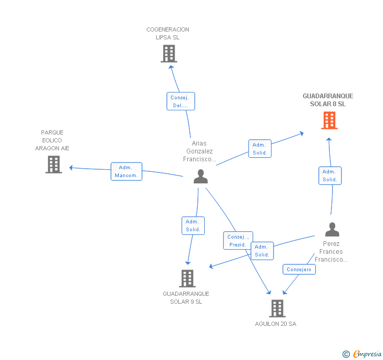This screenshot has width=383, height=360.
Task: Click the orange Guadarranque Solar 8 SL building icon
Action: coord(329,120)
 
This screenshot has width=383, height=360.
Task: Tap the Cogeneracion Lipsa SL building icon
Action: coord(168,54)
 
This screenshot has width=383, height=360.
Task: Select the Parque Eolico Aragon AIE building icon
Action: coord(54,164)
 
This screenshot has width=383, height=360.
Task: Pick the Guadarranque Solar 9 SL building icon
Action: coord(187,278)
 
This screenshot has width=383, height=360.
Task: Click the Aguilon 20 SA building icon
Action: coord(277,308)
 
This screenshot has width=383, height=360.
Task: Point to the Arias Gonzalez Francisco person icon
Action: coord(200,177)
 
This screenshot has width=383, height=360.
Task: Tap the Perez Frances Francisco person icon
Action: coord(332,230)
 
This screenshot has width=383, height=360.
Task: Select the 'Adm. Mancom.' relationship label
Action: coord(126,171)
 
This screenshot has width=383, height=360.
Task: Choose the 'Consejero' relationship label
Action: coord(299,270)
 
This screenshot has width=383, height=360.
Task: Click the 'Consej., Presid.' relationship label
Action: coord(238,241)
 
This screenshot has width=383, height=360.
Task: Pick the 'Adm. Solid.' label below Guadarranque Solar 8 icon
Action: coord(330,176)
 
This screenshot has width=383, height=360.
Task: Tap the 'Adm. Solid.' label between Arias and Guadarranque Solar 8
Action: coord(259,149)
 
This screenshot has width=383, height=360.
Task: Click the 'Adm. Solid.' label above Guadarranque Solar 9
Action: coord(193,225)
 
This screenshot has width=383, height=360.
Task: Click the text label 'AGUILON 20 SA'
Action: coord(276,324)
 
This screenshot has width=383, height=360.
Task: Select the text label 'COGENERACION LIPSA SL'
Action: coord(168,34)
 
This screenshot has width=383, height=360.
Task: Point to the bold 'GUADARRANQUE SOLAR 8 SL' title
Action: coord(328,100)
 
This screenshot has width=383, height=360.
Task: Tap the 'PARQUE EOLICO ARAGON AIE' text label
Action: coord(52,140)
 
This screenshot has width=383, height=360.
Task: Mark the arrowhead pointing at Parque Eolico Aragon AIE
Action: coord(71,168)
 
